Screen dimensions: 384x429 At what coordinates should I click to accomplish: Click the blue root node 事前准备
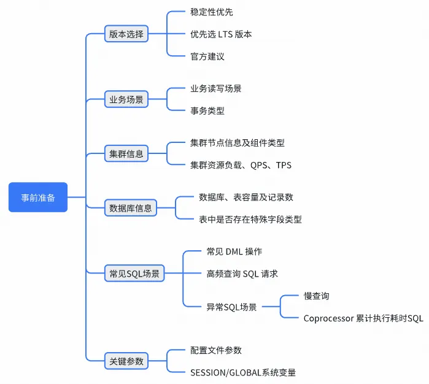(37, 197)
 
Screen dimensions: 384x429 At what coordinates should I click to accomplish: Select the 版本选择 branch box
(126, 34)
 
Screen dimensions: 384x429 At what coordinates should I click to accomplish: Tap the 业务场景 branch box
(126, 99)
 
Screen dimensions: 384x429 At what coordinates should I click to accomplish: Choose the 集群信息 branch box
(126, 153)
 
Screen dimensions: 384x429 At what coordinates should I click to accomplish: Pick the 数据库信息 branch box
(130, 208)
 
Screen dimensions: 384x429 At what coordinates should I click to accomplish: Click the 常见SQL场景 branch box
(134, 274)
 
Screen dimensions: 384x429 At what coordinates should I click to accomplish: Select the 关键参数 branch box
(126, 361)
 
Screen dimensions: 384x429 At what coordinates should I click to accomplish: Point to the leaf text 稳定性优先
(212, 12)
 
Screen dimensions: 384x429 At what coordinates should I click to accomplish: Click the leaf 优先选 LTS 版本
(221, 34)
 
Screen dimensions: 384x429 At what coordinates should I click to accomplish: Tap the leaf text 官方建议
(207, 56)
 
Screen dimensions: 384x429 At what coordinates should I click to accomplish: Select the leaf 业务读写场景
(216, 88)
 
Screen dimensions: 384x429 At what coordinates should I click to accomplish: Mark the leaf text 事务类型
(207, 110)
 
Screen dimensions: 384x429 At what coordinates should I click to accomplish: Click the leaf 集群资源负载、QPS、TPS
(241, 165)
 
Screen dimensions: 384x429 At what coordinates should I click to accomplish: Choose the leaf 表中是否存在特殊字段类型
(250, 219)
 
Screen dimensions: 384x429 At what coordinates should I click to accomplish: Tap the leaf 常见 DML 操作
(234, 252)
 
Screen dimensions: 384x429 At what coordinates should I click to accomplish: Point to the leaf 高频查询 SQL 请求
(242, 274)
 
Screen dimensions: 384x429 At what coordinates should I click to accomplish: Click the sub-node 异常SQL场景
(231, 306)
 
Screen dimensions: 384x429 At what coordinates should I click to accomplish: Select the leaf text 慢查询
(317, 296)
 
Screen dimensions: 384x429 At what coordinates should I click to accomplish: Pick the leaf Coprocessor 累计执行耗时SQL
(363, 318)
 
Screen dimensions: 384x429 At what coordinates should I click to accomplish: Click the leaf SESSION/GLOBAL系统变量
(244, 372)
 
